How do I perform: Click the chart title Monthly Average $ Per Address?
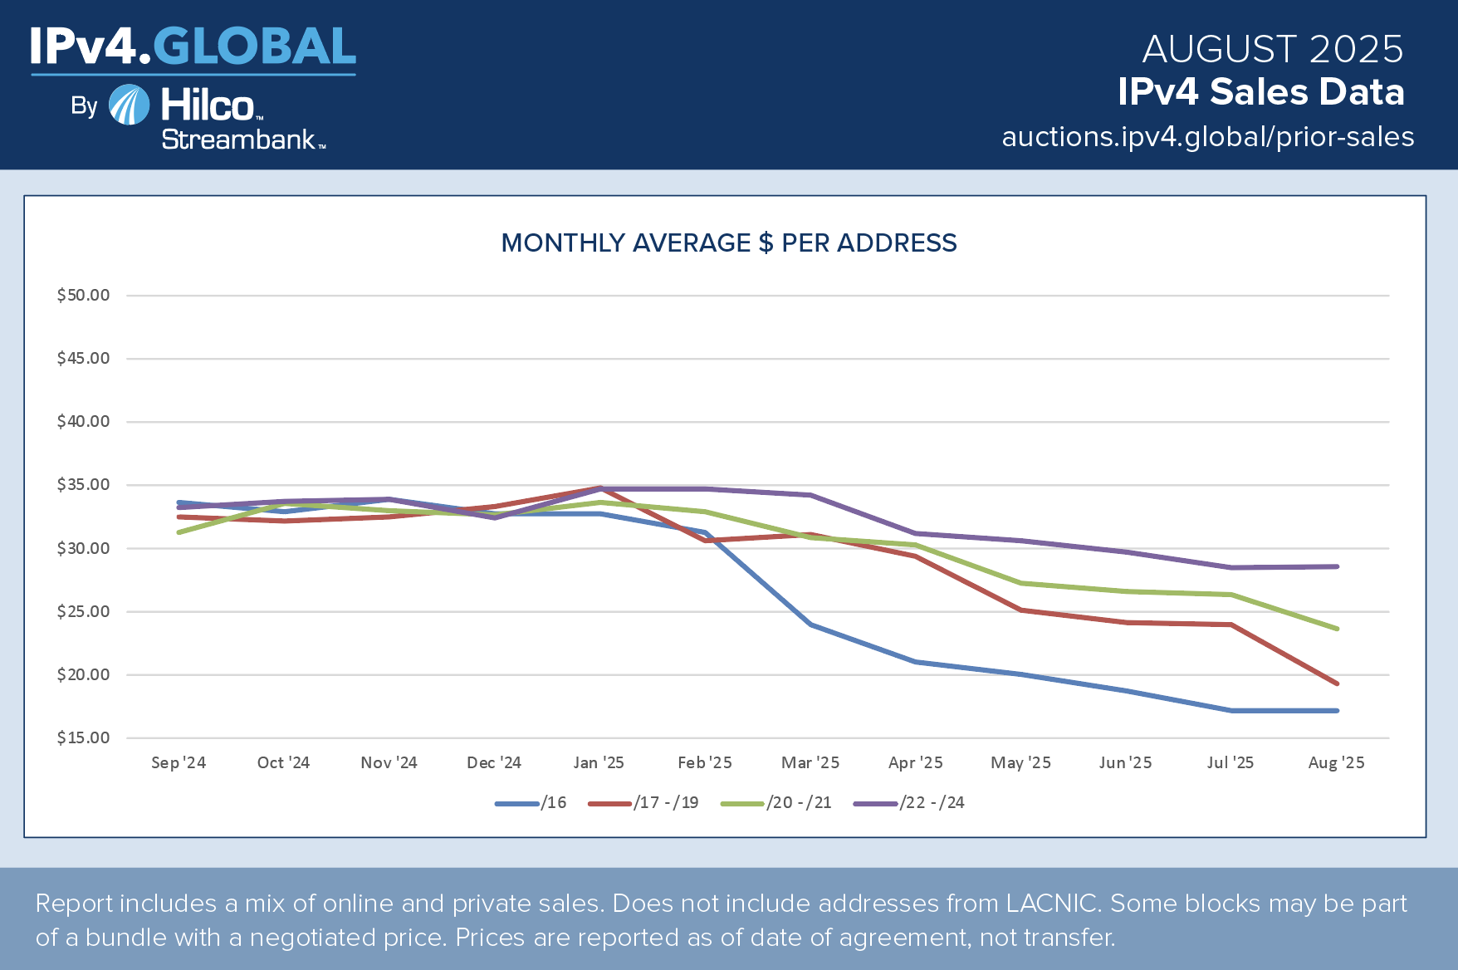coord(729,242)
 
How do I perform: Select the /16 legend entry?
coord(531,803)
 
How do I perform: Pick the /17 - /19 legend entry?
coord(643,803)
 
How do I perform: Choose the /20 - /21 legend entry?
coord(776,803)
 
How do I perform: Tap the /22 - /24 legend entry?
coord(909,803)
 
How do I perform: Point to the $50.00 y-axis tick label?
coord(83,296)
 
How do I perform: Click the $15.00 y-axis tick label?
coord(83,738)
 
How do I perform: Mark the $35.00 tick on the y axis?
coord(83,485)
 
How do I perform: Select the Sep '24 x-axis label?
coord(179,762)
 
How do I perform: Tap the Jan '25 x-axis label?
coord(599,762)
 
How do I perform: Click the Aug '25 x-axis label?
coord(1336,762)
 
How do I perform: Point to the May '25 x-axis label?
coord(1020,762)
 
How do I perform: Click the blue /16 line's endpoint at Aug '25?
coord(1337,711)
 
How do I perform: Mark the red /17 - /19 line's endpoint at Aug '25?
coord(1337,683)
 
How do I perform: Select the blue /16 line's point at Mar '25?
coord(810,624)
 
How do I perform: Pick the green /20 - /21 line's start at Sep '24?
coord(179,532)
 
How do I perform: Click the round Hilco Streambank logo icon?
coord(130,105)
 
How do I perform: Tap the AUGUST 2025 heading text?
coord(1272,50)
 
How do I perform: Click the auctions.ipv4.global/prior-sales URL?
coord(1207,137)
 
